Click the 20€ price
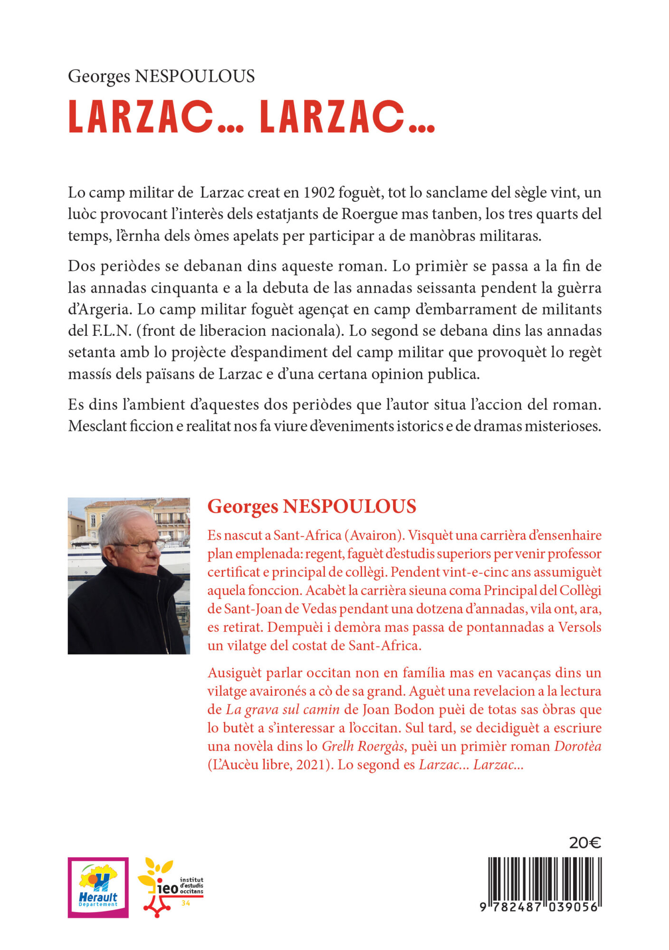click(585, 843)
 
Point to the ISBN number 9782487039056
click(540, 907)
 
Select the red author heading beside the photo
click(312, 506)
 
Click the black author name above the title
click(161, 76)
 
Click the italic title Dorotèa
click(577, 746)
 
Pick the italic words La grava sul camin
click(282, 710)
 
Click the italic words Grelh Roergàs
click(363, 746)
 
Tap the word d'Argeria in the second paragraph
click(100, 309)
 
